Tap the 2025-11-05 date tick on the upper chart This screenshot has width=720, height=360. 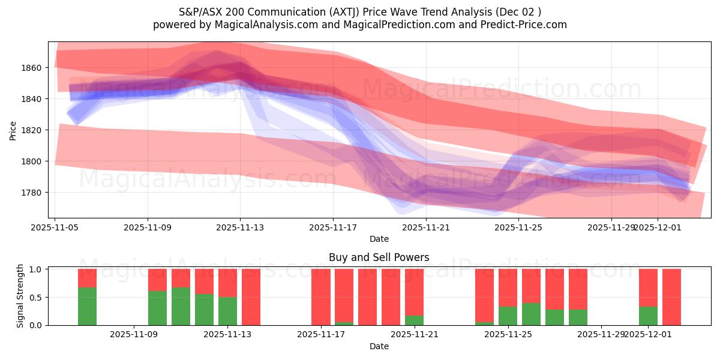55,228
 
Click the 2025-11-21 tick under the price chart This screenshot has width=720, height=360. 426,228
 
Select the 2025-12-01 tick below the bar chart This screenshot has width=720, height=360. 648,335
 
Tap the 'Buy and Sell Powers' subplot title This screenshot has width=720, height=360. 379,257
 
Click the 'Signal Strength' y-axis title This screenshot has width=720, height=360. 20,296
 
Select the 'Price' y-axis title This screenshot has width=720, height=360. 13,130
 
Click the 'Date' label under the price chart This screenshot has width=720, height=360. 379,239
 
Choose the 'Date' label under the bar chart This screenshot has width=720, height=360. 379,346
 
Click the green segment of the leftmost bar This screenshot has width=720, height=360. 87,306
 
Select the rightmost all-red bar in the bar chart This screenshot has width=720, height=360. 671,297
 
